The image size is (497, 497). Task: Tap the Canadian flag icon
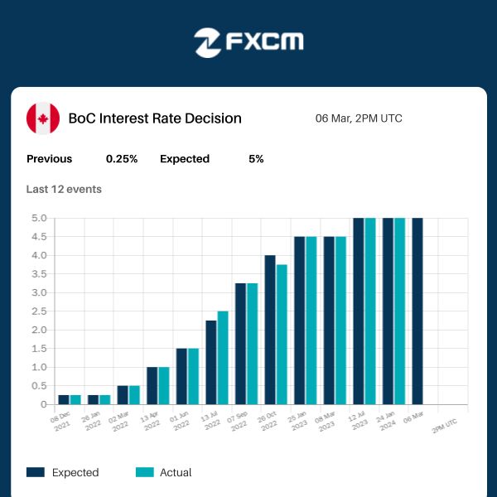pyautogui.click(x=43, y=118)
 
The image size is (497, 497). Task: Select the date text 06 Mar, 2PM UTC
pyautogui.click(x=359, y=118)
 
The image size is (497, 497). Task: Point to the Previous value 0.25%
pyautogui.click(x=122, y=159)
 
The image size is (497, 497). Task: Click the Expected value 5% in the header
pyautogui.click(x=256, y=159)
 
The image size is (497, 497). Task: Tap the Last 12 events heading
pyautogui.click(x=64, y=189)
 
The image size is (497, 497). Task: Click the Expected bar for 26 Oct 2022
pyautogui.click(x=270, y=330)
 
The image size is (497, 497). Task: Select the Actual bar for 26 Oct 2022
pyautogui.click(x=282, y=335)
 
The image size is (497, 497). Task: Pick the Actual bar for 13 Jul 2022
pyautogui.click(x=223, y=358)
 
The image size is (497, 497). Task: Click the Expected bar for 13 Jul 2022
pyautogui.click(x=211, y=363)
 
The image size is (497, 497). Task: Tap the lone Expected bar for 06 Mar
pyautogui.click(x=417, y=311)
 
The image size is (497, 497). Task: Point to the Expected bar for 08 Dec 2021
pyautogui.click(x=64, y=400)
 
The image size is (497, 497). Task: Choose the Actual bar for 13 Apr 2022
pyautogui.click(x=164, y=386)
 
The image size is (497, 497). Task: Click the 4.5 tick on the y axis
pyautogui.click(x=40, y=237)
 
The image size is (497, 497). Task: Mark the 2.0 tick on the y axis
pyautogui.click(x=40, y=331)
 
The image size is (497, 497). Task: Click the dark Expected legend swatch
pyautogui.click(x=36, y=472)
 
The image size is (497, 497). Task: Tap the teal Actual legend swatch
pyautogui.click(x=145, y=472)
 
